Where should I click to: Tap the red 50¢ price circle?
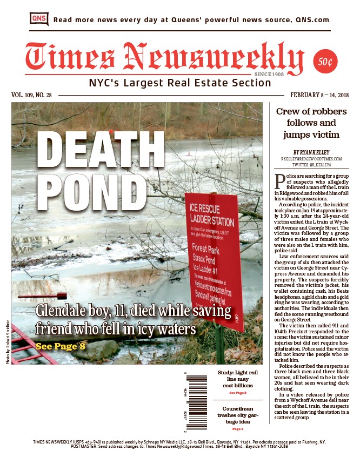(x=325, y=62)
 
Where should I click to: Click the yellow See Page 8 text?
(x=60, y=346)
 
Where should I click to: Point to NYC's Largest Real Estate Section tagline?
(x=179, y=83)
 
